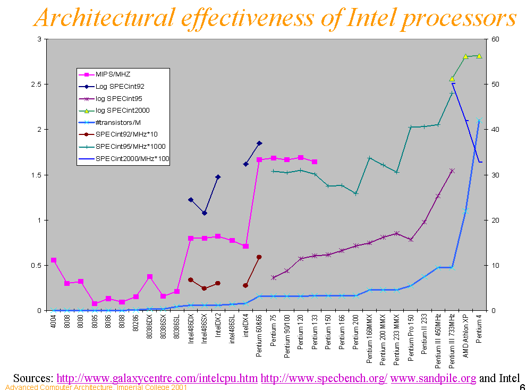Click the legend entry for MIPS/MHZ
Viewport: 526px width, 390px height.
point(113,74)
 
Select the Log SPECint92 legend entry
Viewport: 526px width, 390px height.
point(120,86)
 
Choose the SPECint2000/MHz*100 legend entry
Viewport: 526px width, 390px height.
point(132,158)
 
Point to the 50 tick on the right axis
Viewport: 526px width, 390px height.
point(495,84)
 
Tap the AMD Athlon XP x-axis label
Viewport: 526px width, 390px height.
point(465,335)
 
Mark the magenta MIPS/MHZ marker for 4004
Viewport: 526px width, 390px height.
point(54,260)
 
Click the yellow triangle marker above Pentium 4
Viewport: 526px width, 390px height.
point(479,56)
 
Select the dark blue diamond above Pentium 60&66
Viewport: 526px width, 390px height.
point(259,143)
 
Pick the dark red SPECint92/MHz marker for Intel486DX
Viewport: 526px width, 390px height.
point(191,279)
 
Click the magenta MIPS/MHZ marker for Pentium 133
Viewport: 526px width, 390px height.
point(315,162)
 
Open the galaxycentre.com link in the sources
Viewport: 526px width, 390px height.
point(157,378)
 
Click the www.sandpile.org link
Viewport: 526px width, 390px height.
point(433,378)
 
